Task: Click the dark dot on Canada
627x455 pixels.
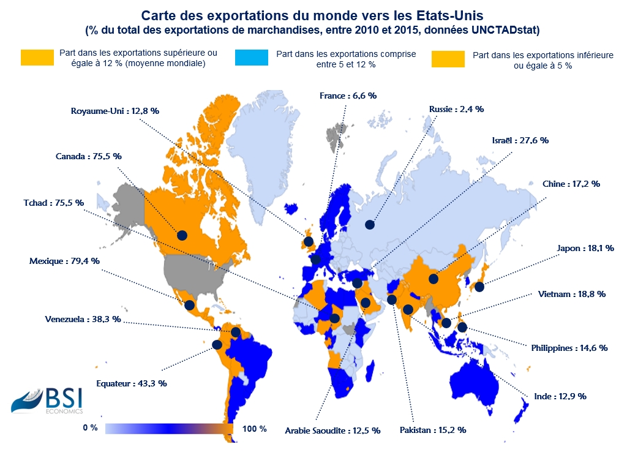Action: pos(182,235)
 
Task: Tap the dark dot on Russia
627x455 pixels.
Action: pos(369,225)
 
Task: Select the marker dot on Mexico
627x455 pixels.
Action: pos(190,305)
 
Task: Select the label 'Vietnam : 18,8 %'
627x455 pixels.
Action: pos(572,294)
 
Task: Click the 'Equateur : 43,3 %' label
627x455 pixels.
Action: pos(132,383)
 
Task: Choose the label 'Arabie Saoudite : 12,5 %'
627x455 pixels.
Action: pos(332,431)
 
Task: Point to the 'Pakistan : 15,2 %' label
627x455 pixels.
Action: pos(433,430)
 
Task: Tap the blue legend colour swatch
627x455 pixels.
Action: pos(252,58)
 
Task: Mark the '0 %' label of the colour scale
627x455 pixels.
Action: pos(90,428)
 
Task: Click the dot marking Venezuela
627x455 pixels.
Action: pos(235,333)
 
